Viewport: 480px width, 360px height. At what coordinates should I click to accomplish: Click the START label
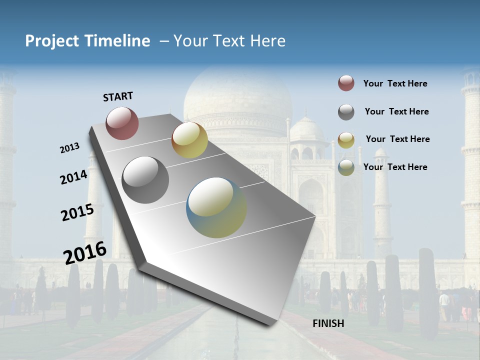[118, 96]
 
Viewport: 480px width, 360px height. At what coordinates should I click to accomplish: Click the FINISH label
[328, 323]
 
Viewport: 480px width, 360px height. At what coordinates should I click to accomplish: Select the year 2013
[69, 148]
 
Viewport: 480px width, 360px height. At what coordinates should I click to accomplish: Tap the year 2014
[73, 177]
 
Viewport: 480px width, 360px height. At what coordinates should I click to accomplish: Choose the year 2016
[85, 252]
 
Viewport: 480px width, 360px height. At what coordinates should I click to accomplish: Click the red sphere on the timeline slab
[122, 123]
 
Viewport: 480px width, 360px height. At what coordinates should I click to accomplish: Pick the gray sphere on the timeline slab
[145, 180]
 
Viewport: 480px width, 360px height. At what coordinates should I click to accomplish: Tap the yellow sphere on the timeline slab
[189, 140]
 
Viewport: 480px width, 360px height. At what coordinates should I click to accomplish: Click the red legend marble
[346, 83]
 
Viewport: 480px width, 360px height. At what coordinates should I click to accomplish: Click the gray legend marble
[346, 112]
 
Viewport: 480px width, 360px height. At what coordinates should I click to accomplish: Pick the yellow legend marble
[346, 140]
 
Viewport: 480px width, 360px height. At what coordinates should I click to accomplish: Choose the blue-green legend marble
[346, 167]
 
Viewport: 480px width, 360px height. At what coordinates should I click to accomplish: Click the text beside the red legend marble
[395, 83]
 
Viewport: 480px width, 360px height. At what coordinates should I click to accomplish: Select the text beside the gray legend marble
[396, 111]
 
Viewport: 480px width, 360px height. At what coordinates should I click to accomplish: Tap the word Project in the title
[52, 41]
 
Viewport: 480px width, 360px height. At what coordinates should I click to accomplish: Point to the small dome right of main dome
[307, 129]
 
